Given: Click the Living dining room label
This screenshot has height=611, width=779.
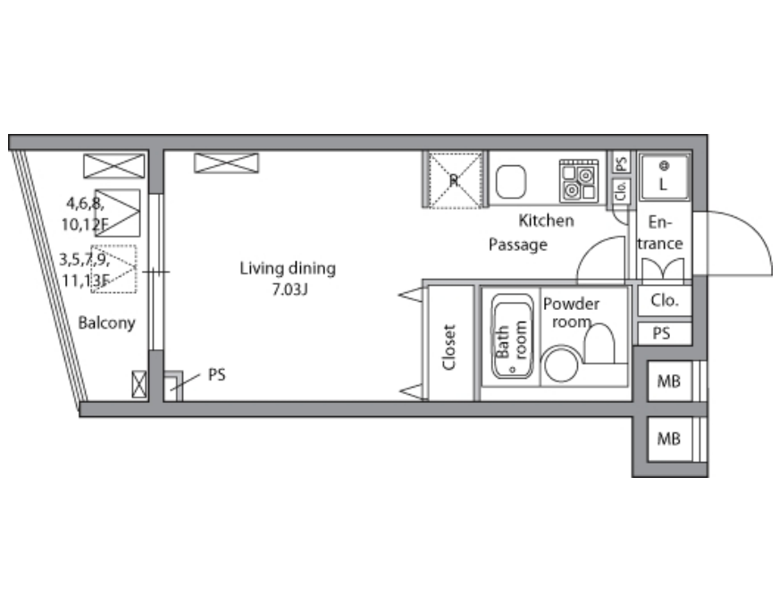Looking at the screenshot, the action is pyautogui.click(x=288, y=269).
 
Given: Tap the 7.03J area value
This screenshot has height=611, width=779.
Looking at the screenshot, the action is pyautogui.click(x=289, y=289).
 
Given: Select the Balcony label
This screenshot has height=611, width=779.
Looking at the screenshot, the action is pyautogui.click(x=106, y=322).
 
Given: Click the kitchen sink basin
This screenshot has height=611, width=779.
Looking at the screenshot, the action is pyautogui.click(x=510, y=180).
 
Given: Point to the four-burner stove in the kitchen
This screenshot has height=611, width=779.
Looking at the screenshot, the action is pyautogui.click(x=579, y=180).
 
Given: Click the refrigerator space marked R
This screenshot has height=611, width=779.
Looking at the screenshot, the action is pyautogui.click(x=455, y=180).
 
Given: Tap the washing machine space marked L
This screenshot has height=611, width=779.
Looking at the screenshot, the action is pyautogui.click(x=664, y=178).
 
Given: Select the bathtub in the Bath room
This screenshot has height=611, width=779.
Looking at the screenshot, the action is pyautogui.click(x=512, y=336).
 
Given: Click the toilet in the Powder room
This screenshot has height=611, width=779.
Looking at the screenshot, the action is pyautogui.click(x=599, y=343).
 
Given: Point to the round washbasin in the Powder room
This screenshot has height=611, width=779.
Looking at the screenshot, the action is pyautogui.click(x=561, y=364).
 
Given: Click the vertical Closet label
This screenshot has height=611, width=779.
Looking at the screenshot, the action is pyautogui.click(x=448, y=347).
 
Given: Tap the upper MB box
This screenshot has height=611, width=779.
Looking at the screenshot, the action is pyautogui.click(x=669, y=381).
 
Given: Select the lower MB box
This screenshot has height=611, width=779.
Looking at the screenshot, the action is pyautogui.click(x=669, y=439).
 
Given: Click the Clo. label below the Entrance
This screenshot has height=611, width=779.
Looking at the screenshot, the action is pyautogui.click(x=665, y=300).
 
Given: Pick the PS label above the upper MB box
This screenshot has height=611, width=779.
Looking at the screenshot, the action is pyautogui.click(x=661, y=333).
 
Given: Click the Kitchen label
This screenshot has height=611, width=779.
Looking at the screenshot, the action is pyautogui.click(x=546, y=221).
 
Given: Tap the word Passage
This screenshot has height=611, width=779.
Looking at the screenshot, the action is pyautogui.click(x=517, y=245).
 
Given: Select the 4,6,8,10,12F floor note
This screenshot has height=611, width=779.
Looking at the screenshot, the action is pyautogui.click(x=85, y=214).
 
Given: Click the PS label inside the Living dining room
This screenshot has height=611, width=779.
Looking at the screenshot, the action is pyautogui.click(x=216, y=374).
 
